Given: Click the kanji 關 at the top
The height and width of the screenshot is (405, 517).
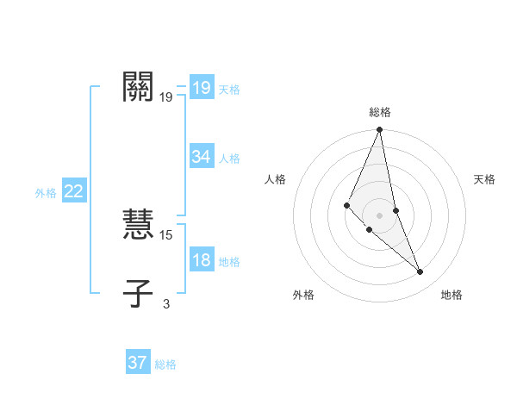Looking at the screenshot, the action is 139,86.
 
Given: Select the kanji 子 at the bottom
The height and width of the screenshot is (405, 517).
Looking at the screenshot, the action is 139,293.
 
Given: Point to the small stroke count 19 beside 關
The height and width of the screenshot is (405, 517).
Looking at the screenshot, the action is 166,98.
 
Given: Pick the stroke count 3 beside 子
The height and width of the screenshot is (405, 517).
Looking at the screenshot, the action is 166,303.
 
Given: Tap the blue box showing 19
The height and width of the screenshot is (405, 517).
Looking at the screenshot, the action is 201,87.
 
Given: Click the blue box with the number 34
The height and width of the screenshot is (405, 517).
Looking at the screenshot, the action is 201,157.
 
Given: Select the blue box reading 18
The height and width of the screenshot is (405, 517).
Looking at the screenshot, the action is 201,260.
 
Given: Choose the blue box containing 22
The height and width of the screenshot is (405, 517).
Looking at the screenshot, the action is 73,191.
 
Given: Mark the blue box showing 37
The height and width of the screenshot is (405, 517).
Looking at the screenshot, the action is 138,363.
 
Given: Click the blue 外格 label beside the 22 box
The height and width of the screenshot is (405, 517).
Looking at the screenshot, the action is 46,193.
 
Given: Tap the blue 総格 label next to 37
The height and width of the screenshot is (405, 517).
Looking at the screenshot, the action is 165,364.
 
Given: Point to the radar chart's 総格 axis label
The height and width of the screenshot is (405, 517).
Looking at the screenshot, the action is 380,112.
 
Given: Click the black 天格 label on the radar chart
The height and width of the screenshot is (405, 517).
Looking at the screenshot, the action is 484,179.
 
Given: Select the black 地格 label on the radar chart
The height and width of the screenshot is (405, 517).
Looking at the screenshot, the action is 452,295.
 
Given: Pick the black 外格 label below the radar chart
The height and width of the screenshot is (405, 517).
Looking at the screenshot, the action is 303,295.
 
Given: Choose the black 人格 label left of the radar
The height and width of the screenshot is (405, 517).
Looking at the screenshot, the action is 276,179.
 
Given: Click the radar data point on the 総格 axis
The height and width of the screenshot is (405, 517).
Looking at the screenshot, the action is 380,130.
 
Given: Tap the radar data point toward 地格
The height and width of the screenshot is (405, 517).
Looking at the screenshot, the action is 420,272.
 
